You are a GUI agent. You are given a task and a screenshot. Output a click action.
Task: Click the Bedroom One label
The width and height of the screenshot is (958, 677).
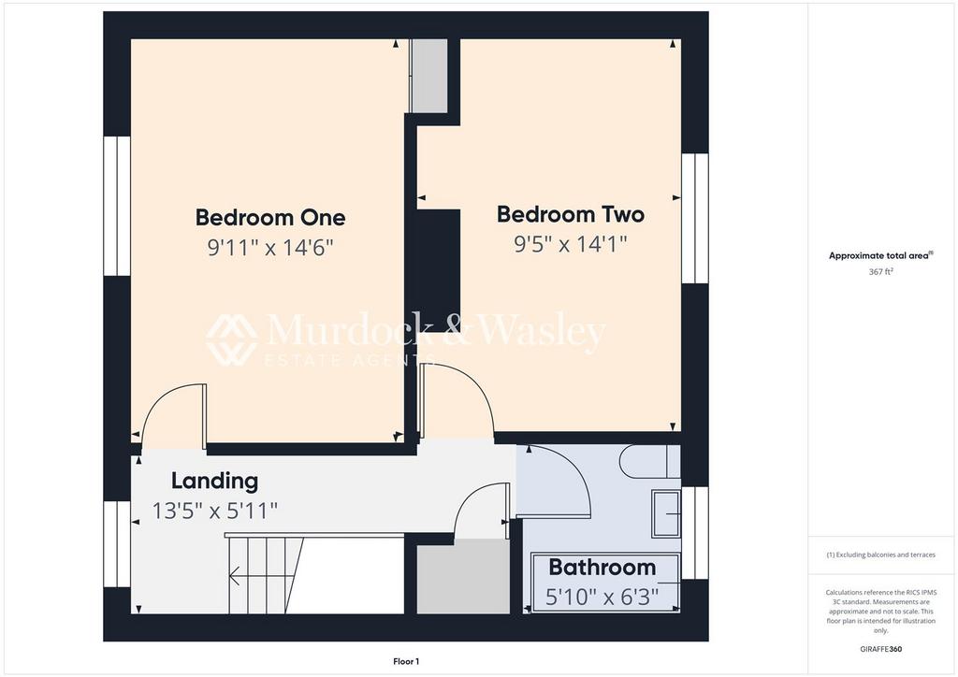tap(269, 218)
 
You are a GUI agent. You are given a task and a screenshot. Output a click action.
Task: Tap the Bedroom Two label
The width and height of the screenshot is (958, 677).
tap(570, 214)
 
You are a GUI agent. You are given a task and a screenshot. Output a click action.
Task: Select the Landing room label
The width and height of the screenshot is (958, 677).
tap(214, 482)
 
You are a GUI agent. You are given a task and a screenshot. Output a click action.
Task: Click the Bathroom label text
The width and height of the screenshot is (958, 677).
tap(602, 567)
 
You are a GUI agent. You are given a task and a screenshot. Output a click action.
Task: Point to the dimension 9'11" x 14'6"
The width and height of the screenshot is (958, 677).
tap(270, 248)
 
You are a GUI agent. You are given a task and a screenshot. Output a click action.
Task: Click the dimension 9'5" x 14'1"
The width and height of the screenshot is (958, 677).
tap(570, 244)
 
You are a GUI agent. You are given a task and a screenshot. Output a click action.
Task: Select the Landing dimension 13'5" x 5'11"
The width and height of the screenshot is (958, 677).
tap(214, 511)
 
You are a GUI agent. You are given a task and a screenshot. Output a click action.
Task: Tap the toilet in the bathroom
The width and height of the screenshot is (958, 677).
tap(646, 461)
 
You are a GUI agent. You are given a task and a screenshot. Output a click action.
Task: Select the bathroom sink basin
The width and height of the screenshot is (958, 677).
tap(667, 513)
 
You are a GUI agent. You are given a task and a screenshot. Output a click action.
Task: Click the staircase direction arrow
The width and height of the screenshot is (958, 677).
tap(235, 577)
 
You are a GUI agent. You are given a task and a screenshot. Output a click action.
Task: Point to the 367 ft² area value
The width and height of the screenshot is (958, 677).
tap(880, 271)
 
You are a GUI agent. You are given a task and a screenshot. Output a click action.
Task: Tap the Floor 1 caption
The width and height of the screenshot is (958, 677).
tap(405, 661)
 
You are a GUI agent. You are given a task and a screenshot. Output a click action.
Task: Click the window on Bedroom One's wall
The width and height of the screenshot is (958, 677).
tap(117, 206)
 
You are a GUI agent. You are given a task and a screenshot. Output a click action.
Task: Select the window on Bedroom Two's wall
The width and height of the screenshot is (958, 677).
tap(695, 218)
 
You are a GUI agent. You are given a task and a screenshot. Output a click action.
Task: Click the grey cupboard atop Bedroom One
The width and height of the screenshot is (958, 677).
tap(430, 76)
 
